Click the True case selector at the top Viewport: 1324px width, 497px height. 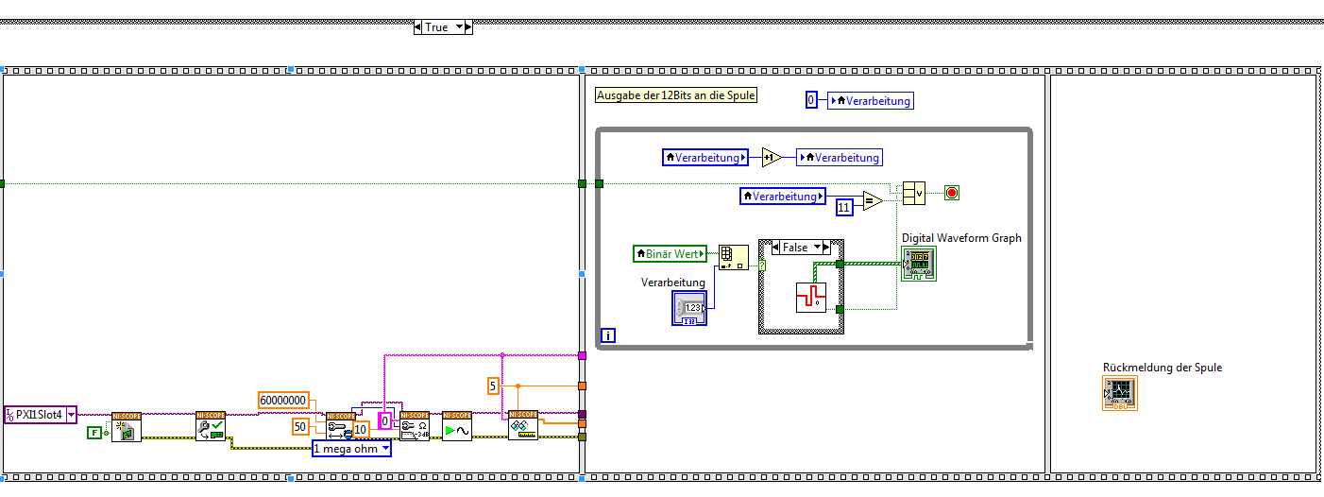442,27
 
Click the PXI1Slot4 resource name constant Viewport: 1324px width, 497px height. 41,414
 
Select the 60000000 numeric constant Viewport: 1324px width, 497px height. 283,401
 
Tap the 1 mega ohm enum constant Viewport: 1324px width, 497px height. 351,449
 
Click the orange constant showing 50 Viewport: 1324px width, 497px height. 300,427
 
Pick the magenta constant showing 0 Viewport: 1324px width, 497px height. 385,420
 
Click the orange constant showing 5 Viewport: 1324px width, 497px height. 493,385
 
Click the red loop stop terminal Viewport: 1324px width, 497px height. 951,194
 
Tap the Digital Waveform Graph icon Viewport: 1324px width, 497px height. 918,264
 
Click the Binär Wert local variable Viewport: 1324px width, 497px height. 670,253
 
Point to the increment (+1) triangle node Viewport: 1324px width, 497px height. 772,158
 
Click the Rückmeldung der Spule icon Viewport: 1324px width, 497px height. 1120,392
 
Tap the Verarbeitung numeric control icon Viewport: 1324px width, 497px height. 692,308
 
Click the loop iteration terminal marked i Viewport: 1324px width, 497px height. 608,335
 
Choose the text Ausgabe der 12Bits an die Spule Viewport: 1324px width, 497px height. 676,95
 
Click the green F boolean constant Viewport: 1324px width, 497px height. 94,433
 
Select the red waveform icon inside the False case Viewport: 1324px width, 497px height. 810,297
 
